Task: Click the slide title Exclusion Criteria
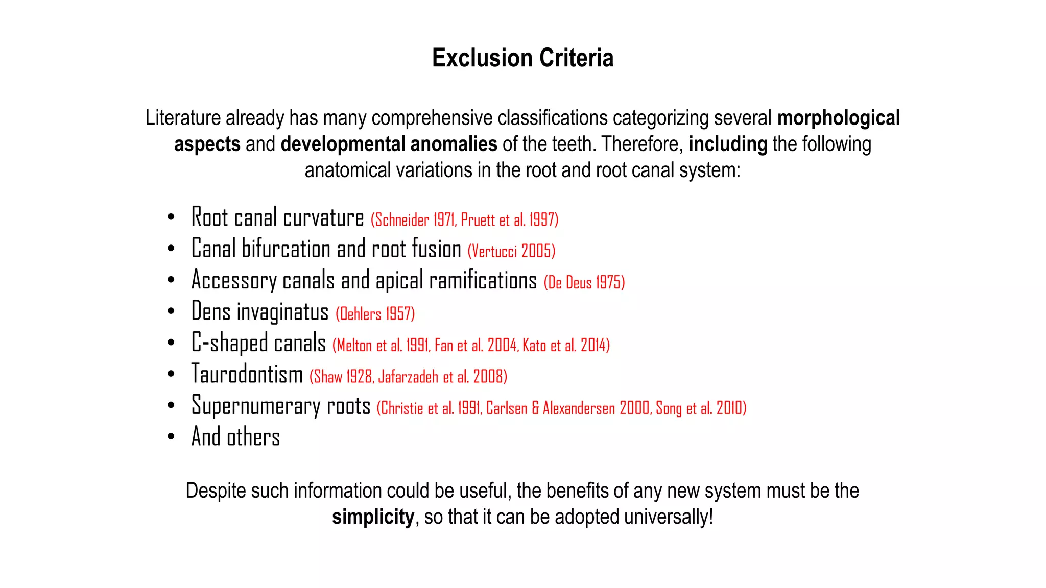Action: pos(522,58)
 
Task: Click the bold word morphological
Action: pos(838,118)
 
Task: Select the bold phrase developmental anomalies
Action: pos(389,144)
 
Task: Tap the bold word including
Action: pos(728,144)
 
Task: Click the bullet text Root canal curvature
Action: pos(277,217)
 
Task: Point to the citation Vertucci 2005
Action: pos(511,251)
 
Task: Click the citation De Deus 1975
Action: pos(584,282)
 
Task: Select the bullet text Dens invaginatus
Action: pos(259,312)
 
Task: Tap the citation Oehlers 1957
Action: pos(375,314)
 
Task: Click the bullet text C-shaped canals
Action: pos(258,343)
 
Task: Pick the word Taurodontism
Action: pos(247,374)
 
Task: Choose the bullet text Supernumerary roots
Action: pos(280,406)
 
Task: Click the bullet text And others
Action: pos(235,437)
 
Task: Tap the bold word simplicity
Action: pos(373,517)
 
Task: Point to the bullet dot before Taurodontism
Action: pos(171,374)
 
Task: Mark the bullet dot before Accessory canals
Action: pos(171,280)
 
